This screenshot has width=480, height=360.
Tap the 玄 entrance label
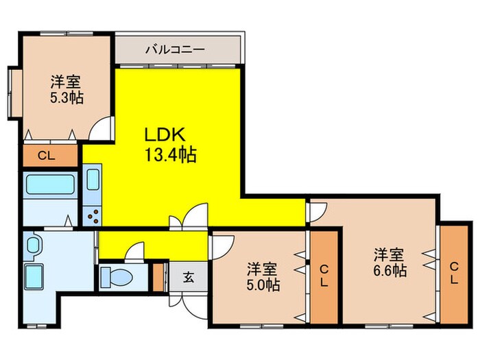[188, 278]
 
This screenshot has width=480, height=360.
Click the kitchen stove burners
[92, 214]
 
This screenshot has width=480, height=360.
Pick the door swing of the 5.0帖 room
[221, 245]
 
